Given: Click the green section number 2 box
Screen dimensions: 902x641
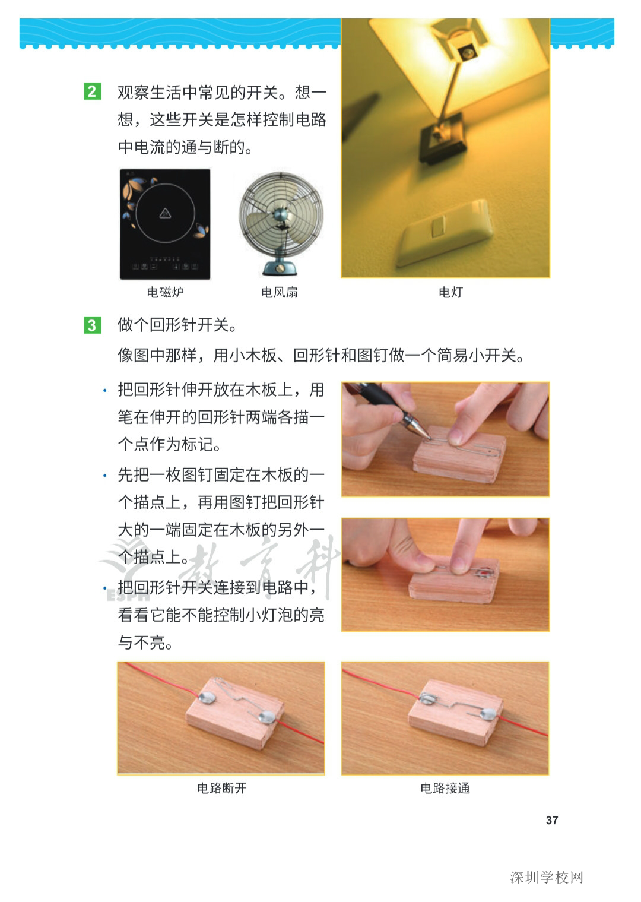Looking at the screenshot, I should pos(92,92).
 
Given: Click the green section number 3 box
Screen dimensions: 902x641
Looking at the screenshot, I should pos(92,325).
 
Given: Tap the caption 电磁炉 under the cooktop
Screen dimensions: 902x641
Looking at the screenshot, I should pos(165,292).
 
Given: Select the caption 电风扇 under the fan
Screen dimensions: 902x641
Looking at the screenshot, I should pos(280,292).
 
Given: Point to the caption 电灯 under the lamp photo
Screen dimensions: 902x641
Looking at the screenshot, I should pos(450,292).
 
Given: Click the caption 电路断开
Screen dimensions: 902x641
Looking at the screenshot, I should pos(221,788).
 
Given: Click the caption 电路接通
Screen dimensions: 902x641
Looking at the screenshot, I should pos(445,788).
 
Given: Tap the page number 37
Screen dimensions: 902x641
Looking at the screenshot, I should pos(552,820).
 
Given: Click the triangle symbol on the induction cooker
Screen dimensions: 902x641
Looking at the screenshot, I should pos(165,213).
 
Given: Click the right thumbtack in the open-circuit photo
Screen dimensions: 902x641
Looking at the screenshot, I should pos(267,719).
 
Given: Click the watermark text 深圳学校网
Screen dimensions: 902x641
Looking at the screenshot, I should pos(547,877).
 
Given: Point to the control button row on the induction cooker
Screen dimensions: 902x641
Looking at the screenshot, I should pos(165,265).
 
